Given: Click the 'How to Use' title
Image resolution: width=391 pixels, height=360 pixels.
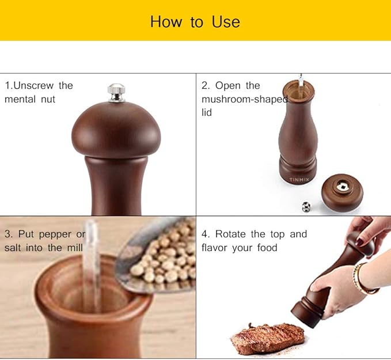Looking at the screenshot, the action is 195,22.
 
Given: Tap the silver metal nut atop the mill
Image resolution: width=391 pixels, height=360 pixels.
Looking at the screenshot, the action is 116,93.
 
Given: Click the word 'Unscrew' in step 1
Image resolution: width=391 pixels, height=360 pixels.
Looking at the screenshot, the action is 33,86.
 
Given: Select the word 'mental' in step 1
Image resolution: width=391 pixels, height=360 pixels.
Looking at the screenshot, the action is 21,99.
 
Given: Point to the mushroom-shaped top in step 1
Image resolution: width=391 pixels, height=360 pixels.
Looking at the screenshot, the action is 116,130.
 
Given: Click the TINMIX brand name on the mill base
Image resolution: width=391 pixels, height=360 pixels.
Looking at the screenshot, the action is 299,179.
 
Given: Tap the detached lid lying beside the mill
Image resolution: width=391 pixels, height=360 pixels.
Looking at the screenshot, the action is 342,192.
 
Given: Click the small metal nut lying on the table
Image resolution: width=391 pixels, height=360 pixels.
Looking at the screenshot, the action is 306,207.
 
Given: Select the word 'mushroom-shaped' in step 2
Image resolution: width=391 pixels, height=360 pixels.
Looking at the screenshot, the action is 245,99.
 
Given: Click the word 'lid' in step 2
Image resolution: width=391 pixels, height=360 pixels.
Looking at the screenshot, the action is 207,112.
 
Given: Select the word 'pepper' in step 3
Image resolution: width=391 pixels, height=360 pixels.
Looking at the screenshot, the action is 55,234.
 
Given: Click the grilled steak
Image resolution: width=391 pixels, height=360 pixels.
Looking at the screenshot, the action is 268,338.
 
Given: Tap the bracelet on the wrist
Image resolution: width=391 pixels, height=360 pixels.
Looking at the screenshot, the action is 362,279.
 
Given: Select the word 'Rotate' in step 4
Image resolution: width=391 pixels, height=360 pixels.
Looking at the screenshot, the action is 230,234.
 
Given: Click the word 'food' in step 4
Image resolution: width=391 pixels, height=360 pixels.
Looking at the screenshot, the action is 267,248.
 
